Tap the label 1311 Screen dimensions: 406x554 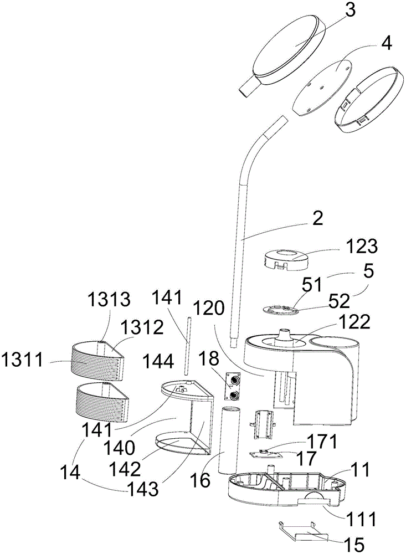tap(22, 361)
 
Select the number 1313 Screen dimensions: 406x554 tap(109, 300)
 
